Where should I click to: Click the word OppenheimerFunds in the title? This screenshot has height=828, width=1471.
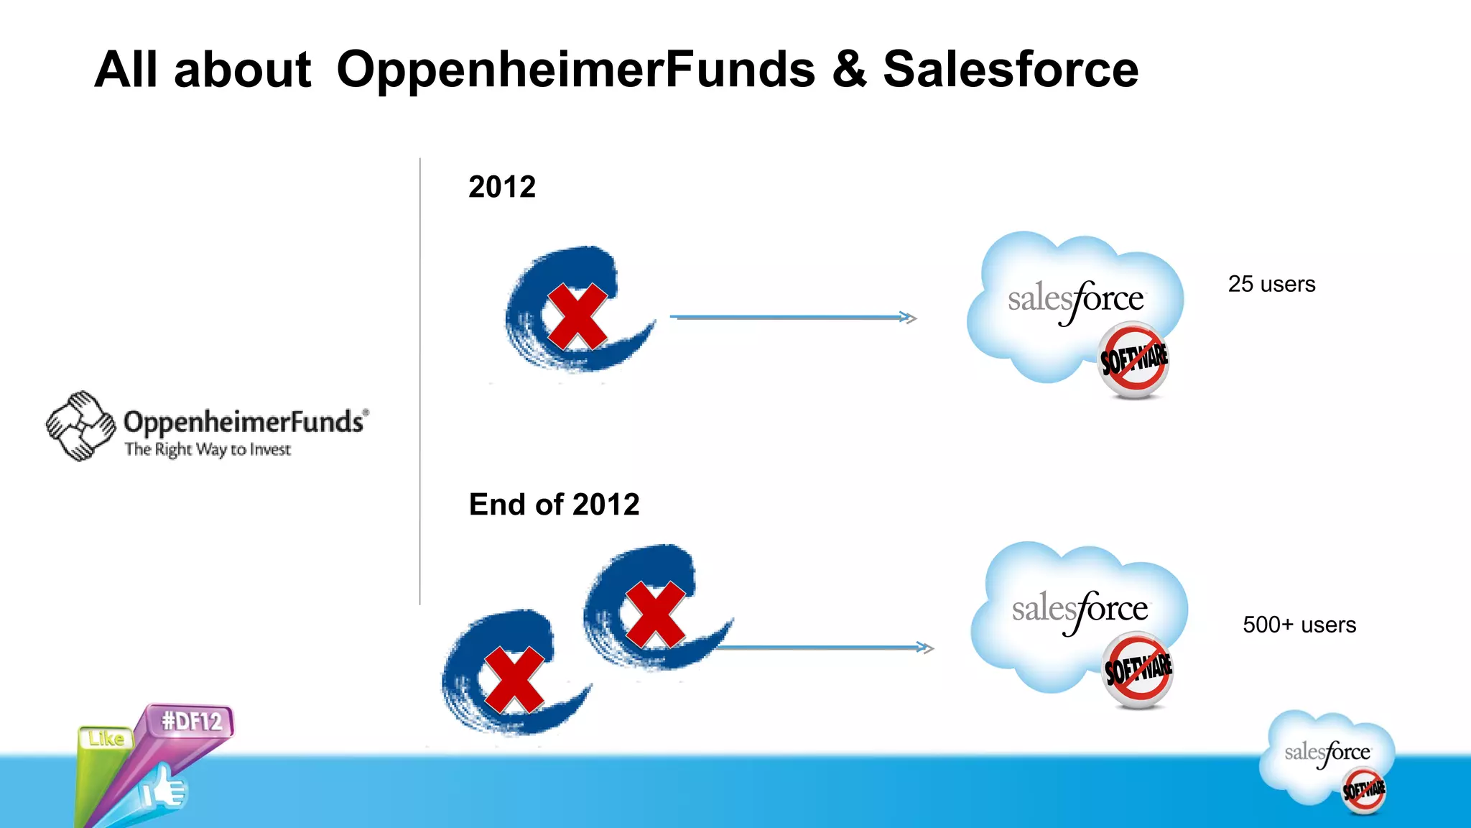pyautogui.click(x=575, y=70)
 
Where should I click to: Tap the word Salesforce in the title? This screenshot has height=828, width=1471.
pyautogui.click(x=1010, y=70)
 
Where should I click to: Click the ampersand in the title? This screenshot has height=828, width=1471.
pyautogui.click(x=850, y=70)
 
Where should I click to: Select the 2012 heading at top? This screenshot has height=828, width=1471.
pyautogui.click(x=502, y=187)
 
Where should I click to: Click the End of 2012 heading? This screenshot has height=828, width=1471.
pyautogui.click(x=554, y=505)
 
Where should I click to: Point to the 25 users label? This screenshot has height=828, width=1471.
pyautogui.click(x=1271, y=284)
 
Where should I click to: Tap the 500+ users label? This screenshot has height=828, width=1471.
pyautogui.click(x=1299, y=625)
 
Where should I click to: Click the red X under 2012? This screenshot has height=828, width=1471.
pyautogui.click(x=577, y=316)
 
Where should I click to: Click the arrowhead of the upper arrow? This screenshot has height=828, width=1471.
pyautogui.click(x=909, y=317)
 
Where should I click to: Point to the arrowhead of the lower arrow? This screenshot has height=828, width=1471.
pyautogui.click(x=927, y=648)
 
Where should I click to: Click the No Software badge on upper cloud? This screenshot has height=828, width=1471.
pyautogui.click(x=1134, y=359)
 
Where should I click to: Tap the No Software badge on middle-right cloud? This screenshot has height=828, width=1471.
pyautogui.click(x=1138, y=669)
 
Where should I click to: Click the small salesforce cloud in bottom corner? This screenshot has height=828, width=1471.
pyautogui.click(x=1327, y=759)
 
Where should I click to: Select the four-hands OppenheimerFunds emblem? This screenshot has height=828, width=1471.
pyautogui.click(x=80, y=425)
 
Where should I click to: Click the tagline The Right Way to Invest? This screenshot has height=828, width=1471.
pyautogui.click(x=208, y=450)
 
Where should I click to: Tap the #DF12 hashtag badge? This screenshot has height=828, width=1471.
pyautogui.click(x=191, y=721)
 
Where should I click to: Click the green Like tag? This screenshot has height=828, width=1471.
pyautogui.click(x=106, y=739)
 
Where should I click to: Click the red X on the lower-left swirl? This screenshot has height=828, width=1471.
pyautogui.click(x=514, y=680)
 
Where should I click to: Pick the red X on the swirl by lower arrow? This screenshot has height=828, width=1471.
pyautogui.click(x=654, y=615)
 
